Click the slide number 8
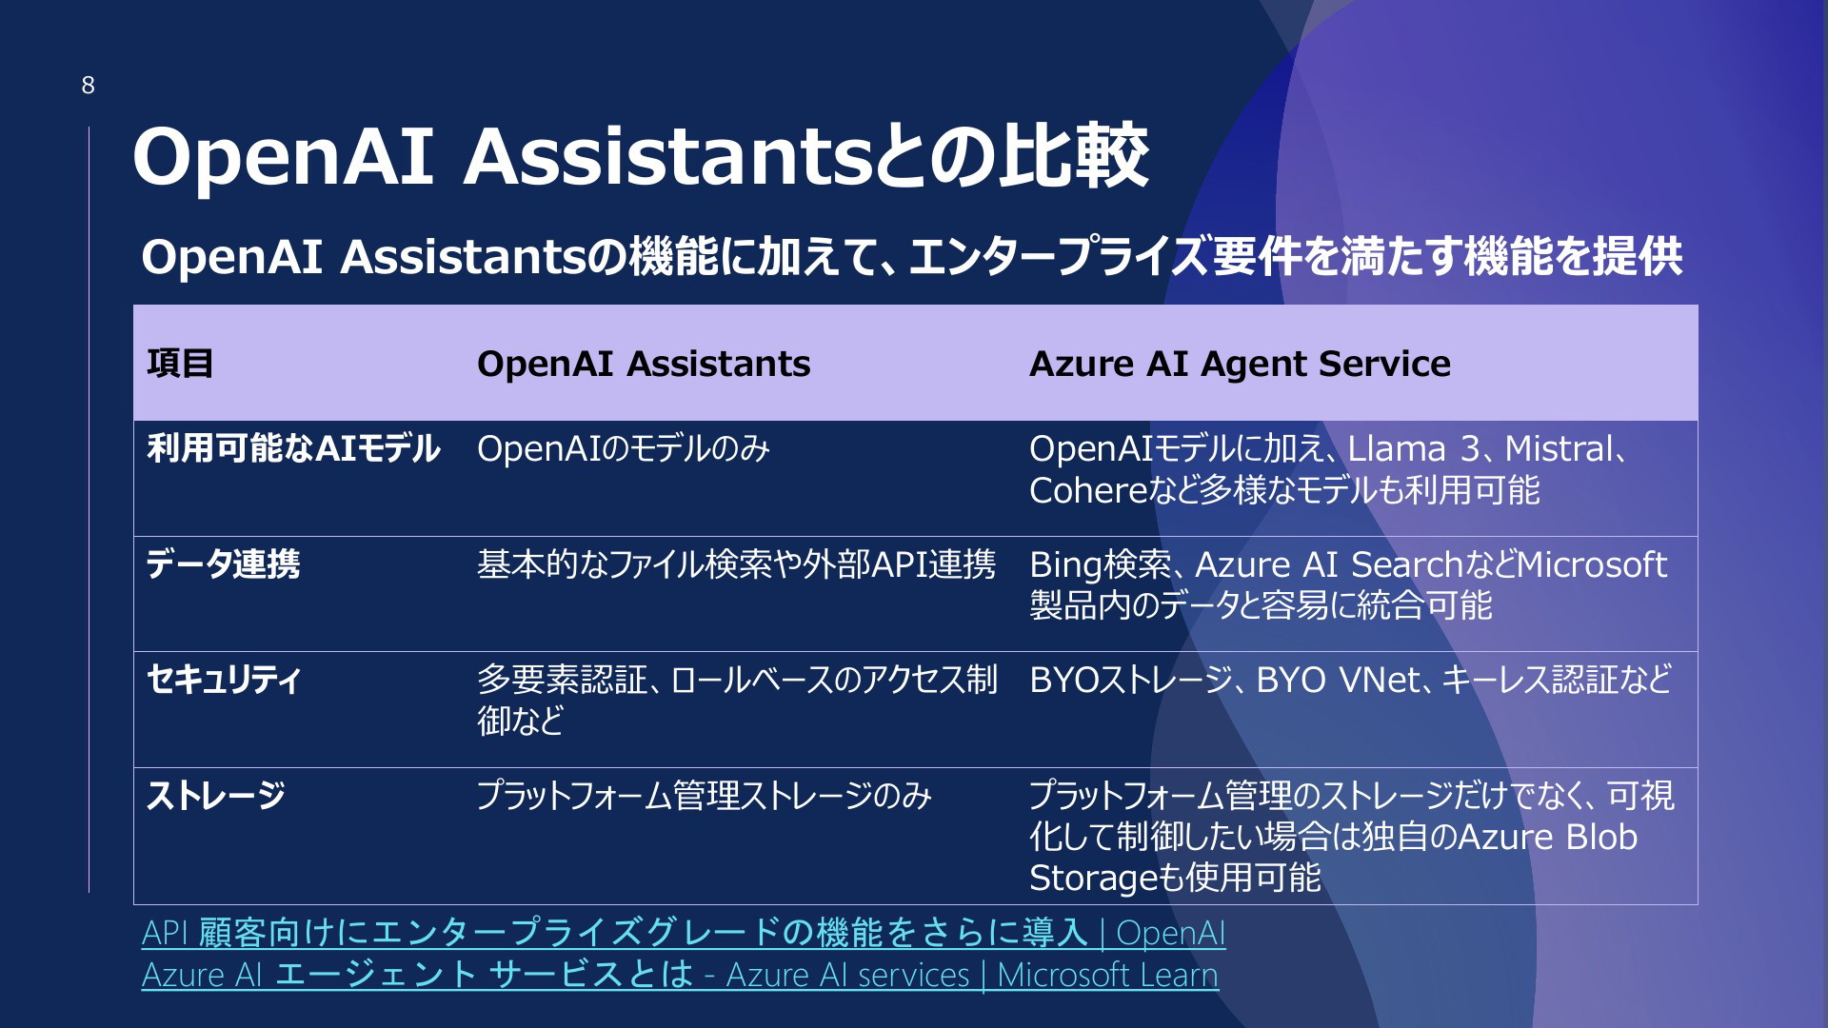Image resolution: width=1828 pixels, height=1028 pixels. click(88, 86)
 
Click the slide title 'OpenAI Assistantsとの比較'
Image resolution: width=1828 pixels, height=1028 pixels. click(641, 155)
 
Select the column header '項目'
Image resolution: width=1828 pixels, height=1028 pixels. click(180, 364)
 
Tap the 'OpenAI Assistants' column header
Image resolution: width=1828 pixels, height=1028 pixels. click(644, 364)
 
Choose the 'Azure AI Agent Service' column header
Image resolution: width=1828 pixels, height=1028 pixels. click(1240, 364)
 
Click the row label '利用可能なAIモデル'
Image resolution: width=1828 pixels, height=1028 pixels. click(293, 448)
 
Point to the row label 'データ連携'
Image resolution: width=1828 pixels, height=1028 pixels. click(223, 564)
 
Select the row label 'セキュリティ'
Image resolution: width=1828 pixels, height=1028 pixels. click(224, 680)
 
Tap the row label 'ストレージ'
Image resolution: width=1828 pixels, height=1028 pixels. click(216, 796)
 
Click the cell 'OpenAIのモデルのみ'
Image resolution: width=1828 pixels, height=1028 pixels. click(624, 448)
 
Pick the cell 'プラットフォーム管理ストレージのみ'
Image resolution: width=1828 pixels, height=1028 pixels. click(705, 796)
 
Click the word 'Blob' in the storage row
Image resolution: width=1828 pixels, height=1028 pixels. click(1601, 837)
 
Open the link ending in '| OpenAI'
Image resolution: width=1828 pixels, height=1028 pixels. click(684, 933)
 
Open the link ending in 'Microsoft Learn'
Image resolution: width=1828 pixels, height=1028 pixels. click(680, 975)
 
